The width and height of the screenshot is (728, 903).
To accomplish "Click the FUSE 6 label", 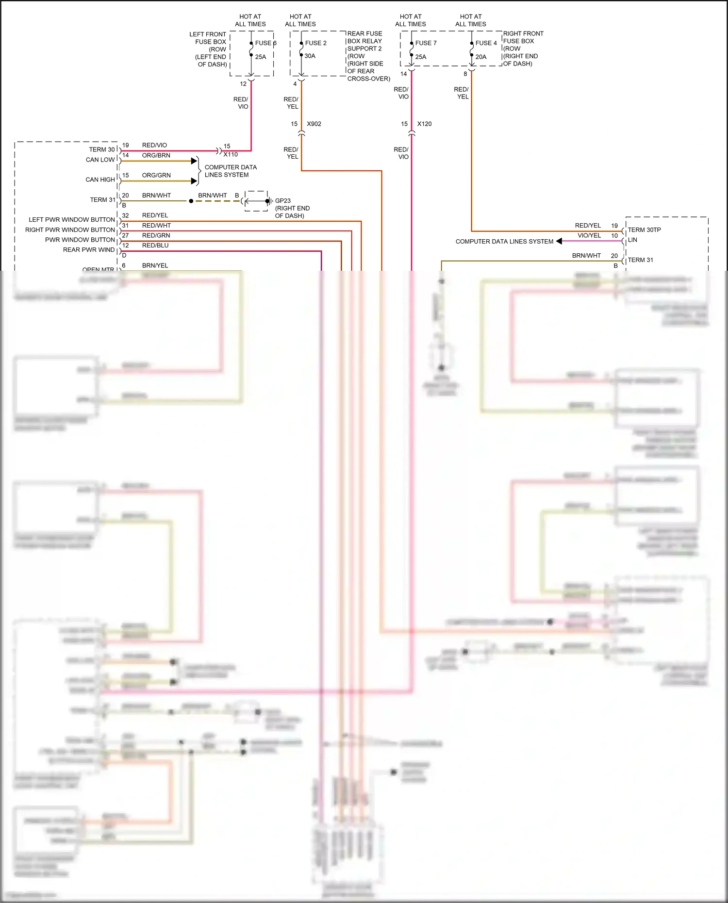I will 265,43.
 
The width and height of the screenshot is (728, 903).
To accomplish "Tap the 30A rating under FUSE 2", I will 310,56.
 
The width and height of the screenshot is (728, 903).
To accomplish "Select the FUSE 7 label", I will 426,43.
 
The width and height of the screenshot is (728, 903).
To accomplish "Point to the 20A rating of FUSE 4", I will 480,57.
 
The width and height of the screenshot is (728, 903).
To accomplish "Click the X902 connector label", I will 314,124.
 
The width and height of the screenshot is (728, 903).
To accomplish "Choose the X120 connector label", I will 424,124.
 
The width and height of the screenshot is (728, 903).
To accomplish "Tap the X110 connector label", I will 231,154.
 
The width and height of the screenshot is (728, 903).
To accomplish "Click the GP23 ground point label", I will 282,200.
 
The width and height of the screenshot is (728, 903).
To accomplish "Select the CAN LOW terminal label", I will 100,160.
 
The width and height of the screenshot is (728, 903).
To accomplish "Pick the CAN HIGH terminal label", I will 100,180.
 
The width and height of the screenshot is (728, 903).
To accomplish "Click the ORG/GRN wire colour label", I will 156,175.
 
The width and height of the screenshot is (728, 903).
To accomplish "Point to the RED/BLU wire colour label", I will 155,246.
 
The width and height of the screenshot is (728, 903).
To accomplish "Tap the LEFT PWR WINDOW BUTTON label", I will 72,220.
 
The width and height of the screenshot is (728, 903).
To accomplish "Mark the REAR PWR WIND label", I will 89,250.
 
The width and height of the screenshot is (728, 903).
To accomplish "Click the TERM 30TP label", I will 644,230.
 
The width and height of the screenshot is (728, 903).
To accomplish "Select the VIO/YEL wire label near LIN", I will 589,236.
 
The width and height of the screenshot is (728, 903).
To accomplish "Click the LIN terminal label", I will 632,240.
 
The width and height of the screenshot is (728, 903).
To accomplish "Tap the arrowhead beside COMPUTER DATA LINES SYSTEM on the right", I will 559,241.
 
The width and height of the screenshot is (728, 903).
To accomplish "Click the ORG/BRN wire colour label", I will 156,155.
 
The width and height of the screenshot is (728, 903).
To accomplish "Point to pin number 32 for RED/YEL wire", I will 125,215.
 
